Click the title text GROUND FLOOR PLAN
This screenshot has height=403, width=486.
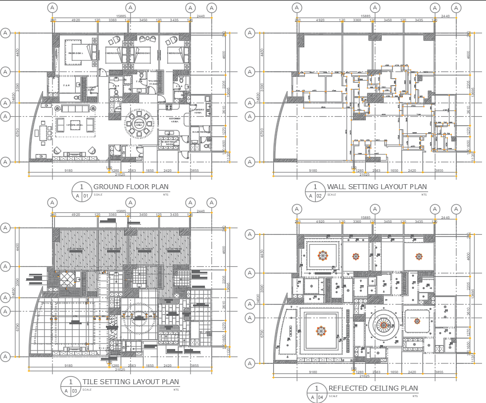[131, 187]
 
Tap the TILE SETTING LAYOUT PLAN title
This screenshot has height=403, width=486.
[130, 381]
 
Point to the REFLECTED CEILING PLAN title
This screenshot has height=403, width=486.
[373, 388]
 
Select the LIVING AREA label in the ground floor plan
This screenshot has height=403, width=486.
[75, 125]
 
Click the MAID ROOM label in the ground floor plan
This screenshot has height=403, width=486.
[201, 132]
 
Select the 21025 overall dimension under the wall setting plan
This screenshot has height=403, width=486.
[364, 175]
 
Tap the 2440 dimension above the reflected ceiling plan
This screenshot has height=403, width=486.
[445, 218]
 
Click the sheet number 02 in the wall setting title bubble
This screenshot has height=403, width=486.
[319, 196]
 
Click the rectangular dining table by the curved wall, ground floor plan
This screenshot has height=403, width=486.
[44, 132]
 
